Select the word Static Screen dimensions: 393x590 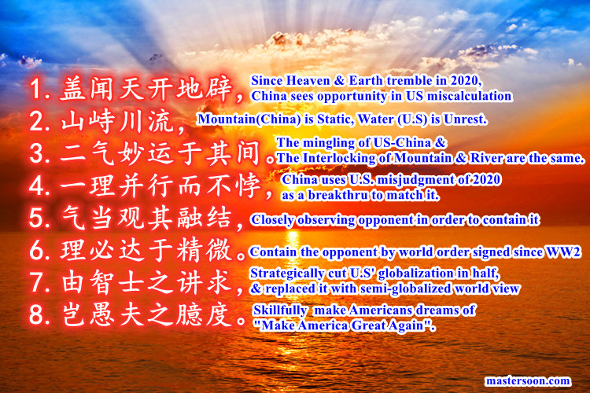coord(334,120)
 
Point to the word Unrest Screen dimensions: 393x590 coord(463,120)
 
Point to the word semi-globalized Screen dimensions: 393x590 coord(426,288)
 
